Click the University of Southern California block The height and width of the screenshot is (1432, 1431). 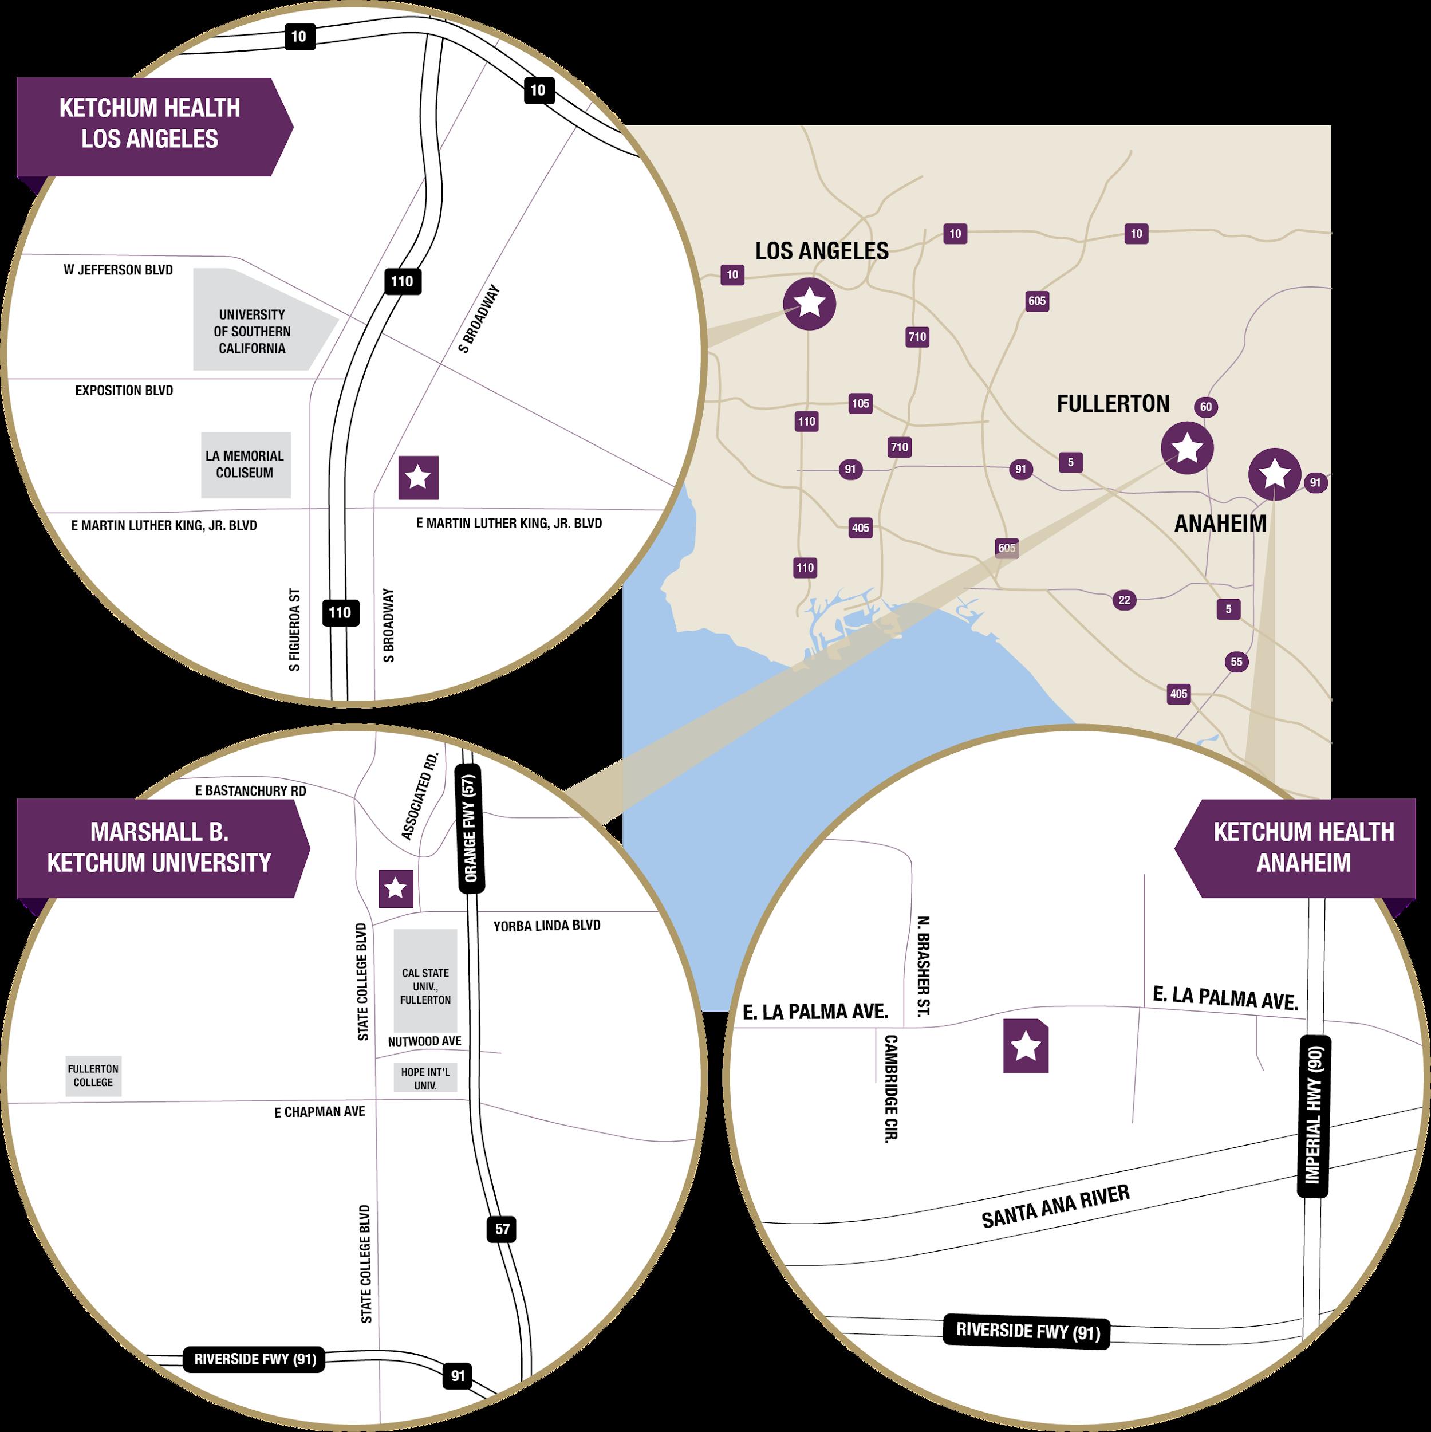(x=252, y=331)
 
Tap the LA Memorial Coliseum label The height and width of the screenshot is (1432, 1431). (x=245, y=465)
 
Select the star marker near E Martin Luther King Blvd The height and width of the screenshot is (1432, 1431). (x=418, y=477)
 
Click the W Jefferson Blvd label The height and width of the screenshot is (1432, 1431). (x=118, y=270)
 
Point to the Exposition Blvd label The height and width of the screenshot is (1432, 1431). (x=124, y=391)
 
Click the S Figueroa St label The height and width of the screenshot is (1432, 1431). (x=295, y=630)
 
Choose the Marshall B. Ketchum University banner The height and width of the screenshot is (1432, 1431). (x=159, y=847)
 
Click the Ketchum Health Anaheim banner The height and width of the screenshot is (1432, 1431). (x=1303, y=847)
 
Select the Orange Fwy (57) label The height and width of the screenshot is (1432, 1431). (x=470, y=828)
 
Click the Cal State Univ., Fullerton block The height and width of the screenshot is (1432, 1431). (x=425, y=985)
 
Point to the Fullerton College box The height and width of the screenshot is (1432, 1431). (x=93, y=1076)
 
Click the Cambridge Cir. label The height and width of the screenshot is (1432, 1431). (x=891, y=1089)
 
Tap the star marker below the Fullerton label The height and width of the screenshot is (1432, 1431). (x=1187, y=448)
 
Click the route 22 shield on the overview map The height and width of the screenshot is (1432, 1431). (x=1124, y=600)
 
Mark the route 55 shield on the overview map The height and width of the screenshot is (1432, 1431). (x=1236, y=662)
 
